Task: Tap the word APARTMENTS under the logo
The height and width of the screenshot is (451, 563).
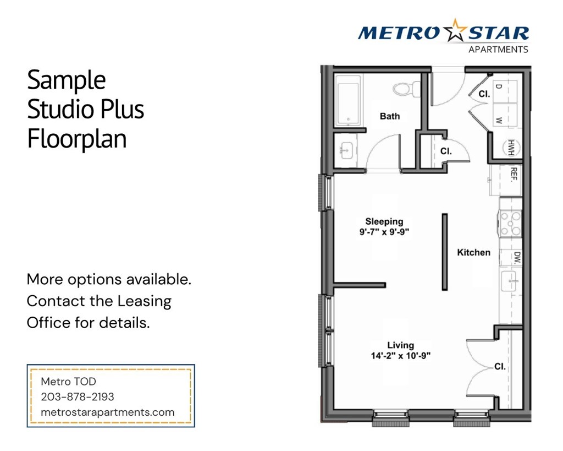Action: point(498,50)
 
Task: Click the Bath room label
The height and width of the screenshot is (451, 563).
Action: point(390,116)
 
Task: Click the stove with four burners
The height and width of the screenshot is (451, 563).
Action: point(511,224)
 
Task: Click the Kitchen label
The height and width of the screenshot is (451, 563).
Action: point(473,252)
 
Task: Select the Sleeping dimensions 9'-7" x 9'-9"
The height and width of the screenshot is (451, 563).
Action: point(385,232)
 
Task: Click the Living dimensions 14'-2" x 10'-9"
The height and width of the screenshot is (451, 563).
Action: point(400,356)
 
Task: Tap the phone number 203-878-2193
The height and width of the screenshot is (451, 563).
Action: point(78,396)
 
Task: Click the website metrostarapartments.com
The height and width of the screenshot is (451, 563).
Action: point(108,412)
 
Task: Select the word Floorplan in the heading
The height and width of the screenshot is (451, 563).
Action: point(77,139)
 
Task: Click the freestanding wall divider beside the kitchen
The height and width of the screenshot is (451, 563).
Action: point(444,252)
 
